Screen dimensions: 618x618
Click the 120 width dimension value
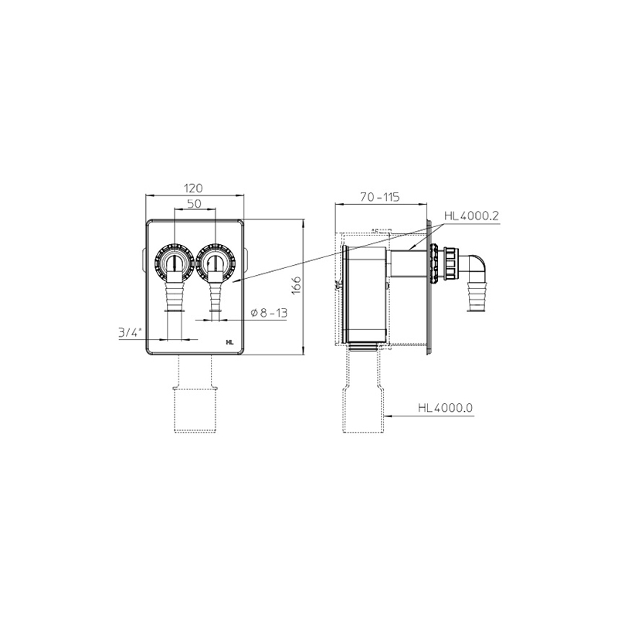[x=195, y=188]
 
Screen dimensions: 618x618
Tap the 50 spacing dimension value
[x=195, y=203]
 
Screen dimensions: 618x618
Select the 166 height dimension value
[x=297, y=285]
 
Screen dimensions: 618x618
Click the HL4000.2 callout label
[x=472, y=216]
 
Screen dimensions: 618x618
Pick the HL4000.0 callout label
[x=445, y=407]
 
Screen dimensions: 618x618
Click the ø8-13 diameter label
[x=269, y=313]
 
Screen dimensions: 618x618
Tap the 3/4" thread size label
[x=130, y=333]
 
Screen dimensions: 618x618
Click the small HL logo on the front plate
[x=230, y=342]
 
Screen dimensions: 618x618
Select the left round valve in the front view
[x=174, y=261]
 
